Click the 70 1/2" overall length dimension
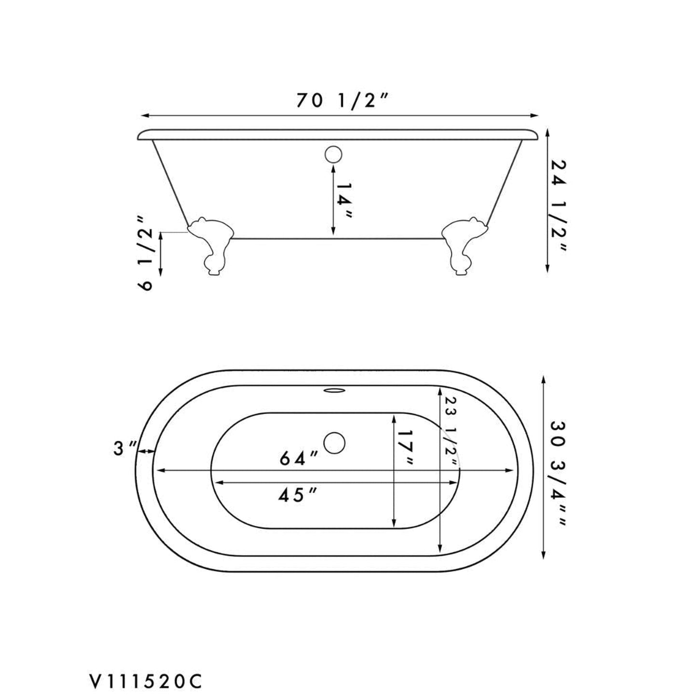[342, 101]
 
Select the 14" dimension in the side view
[344, 201]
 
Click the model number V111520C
[144, 668]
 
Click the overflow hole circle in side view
[333, 154]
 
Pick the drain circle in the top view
[334, 443]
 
